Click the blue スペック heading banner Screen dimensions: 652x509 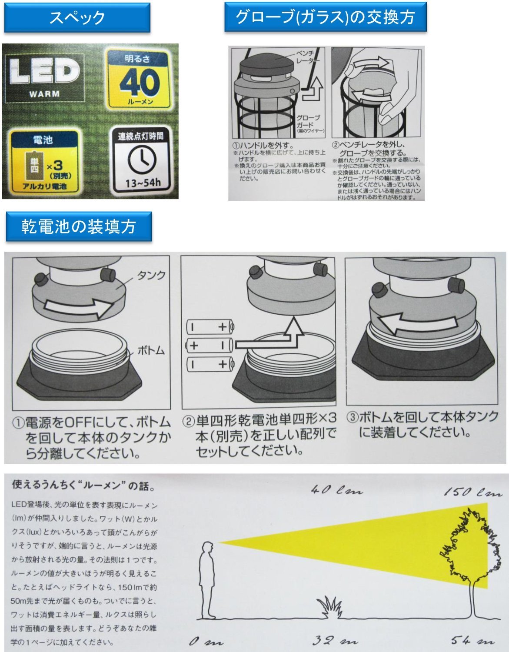pyautogui.click(x=77, y=18)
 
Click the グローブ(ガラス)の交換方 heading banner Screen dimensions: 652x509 pyautogui.click(x=325, y=17)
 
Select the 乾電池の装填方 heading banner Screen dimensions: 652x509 pyautogui.click(x=79, y=226)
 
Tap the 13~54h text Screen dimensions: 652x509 pyautogui.click(x=143, y=183)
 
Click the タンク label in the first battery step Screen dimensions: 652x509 pyautogui.click(x=151, y=275)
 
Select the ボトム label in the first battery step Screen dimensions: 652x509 pyautogui.click(x=151, y=350)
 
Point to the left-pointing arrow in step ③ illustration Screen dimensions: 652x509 pyautogui.click(x=417, y=323)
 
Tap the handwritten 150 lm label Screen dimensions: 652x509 pyautogui.click(x=472, y=492)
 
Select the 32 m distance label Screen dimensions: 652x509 pyautogui.click(x=335, y=641)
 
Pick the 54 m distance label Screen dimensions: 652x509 pyautogui.click(x=472, y=640)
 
